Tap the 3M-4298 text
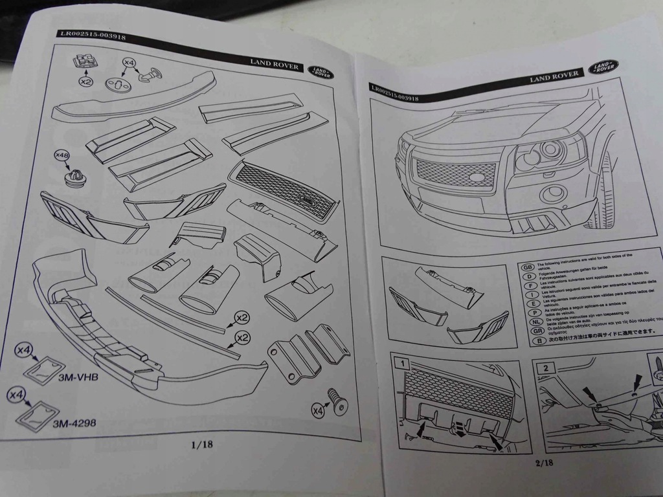tap(74, 423)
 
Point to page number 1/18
tap(202, 445)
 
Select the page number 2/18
tap(545, 462)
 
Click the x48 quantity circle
tap(62, 156)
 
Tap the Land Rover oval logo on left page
tap(319, 71)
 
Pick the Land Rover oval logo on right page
tap(603, 67)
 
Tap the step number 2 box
tap(546, 368)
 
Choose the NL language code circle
tap(527, 320)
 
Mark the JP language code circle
tap(527, 340)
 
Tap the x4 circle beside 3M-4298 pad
tap(16, 394)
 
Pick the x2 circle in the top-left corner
tap(85, 82)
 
